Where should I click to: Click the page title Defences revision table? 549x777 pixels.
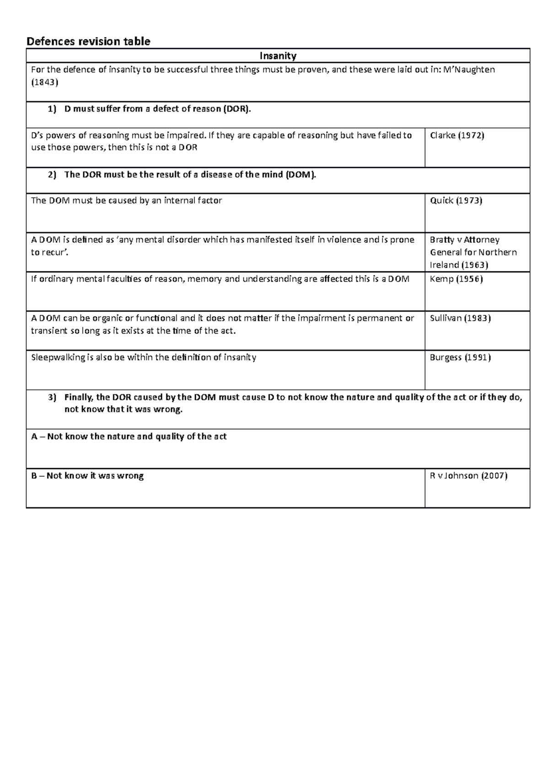click(88, 42)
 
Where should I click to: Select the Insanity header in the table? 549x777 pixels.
click(278, 56)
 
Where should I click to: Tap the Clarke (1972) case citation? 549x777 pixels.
click(457, 135)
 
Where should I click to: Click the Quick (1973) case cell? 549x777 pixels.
click(456, 200)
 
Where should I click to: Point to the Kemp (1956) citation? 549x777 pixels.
click(456, 279)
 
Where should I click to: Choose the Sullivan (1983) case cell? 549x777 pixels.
click(460, 318)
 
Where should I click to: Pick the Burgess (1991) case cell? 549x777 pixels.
click(460, 358)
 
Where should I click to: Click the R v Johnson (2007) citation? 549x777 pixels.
click(468, 476)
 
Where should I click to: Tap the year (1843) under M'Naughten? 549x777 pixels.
click(44, 83)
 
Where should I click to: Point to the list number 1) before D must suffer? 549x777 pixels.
click(52, 109)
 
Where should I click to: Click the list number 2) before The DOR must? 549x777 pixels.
click(52, 175)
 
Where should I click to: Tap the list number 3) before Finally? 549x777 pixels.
click(52, 397)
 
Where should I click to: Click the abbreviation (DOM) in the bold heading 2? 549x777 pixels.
click(300, 175)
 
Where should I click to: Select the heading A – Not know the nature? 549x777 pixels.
click(129, 437)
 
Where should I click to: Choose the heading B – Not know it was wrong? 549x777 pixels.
click(87, 476)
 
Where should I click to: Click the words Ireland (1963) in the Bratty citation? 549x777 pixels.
click(459, 265)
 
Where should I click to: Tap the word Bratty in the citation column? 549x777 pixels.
click(442, 240)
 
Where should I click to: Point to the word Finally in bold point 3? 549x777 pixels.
click(78, 397)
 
